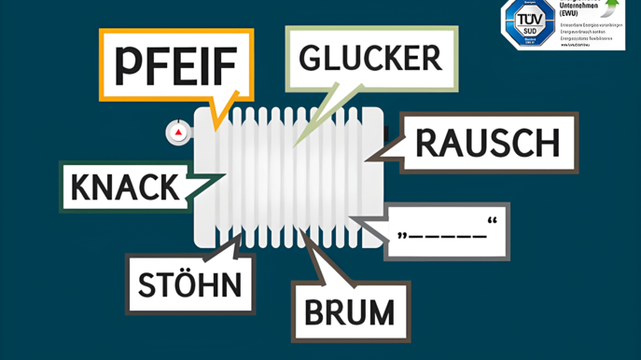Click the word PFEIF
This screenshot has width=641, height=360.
pos(175,64)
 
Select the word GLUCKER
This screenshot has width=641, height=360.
pos(370,58)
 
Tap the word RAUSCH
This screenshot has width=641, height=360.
pos(486,143)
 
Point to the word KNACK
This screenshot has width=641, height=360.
pos(124,187)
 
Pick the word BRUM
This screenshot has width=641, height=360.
pos(349,310)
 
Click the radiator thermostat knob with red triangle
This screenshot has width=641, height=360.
pos(178,133)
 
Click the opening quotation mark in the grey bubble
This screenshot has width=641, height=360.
pos(402,234)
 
